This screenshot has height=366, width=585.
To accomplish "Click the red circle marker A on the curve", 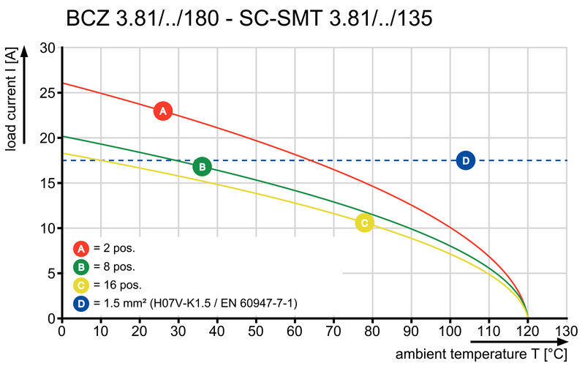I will (163, 111).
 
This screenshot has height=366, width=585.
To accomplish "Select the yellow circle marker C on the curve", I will (364, 223).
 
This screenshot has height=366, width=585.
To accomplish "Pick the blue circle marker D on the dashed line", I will (466, 160).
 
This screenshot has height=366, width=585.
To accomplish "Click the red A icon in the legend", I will (83, 248).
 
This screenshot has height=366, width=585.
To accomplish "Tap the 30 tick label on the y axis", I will (48, 48).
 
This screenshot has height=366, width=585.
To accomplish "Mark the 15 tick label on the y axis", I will (48, 183).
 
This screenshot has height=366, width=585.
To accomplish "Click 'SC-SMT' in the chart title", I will (282, 18).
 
